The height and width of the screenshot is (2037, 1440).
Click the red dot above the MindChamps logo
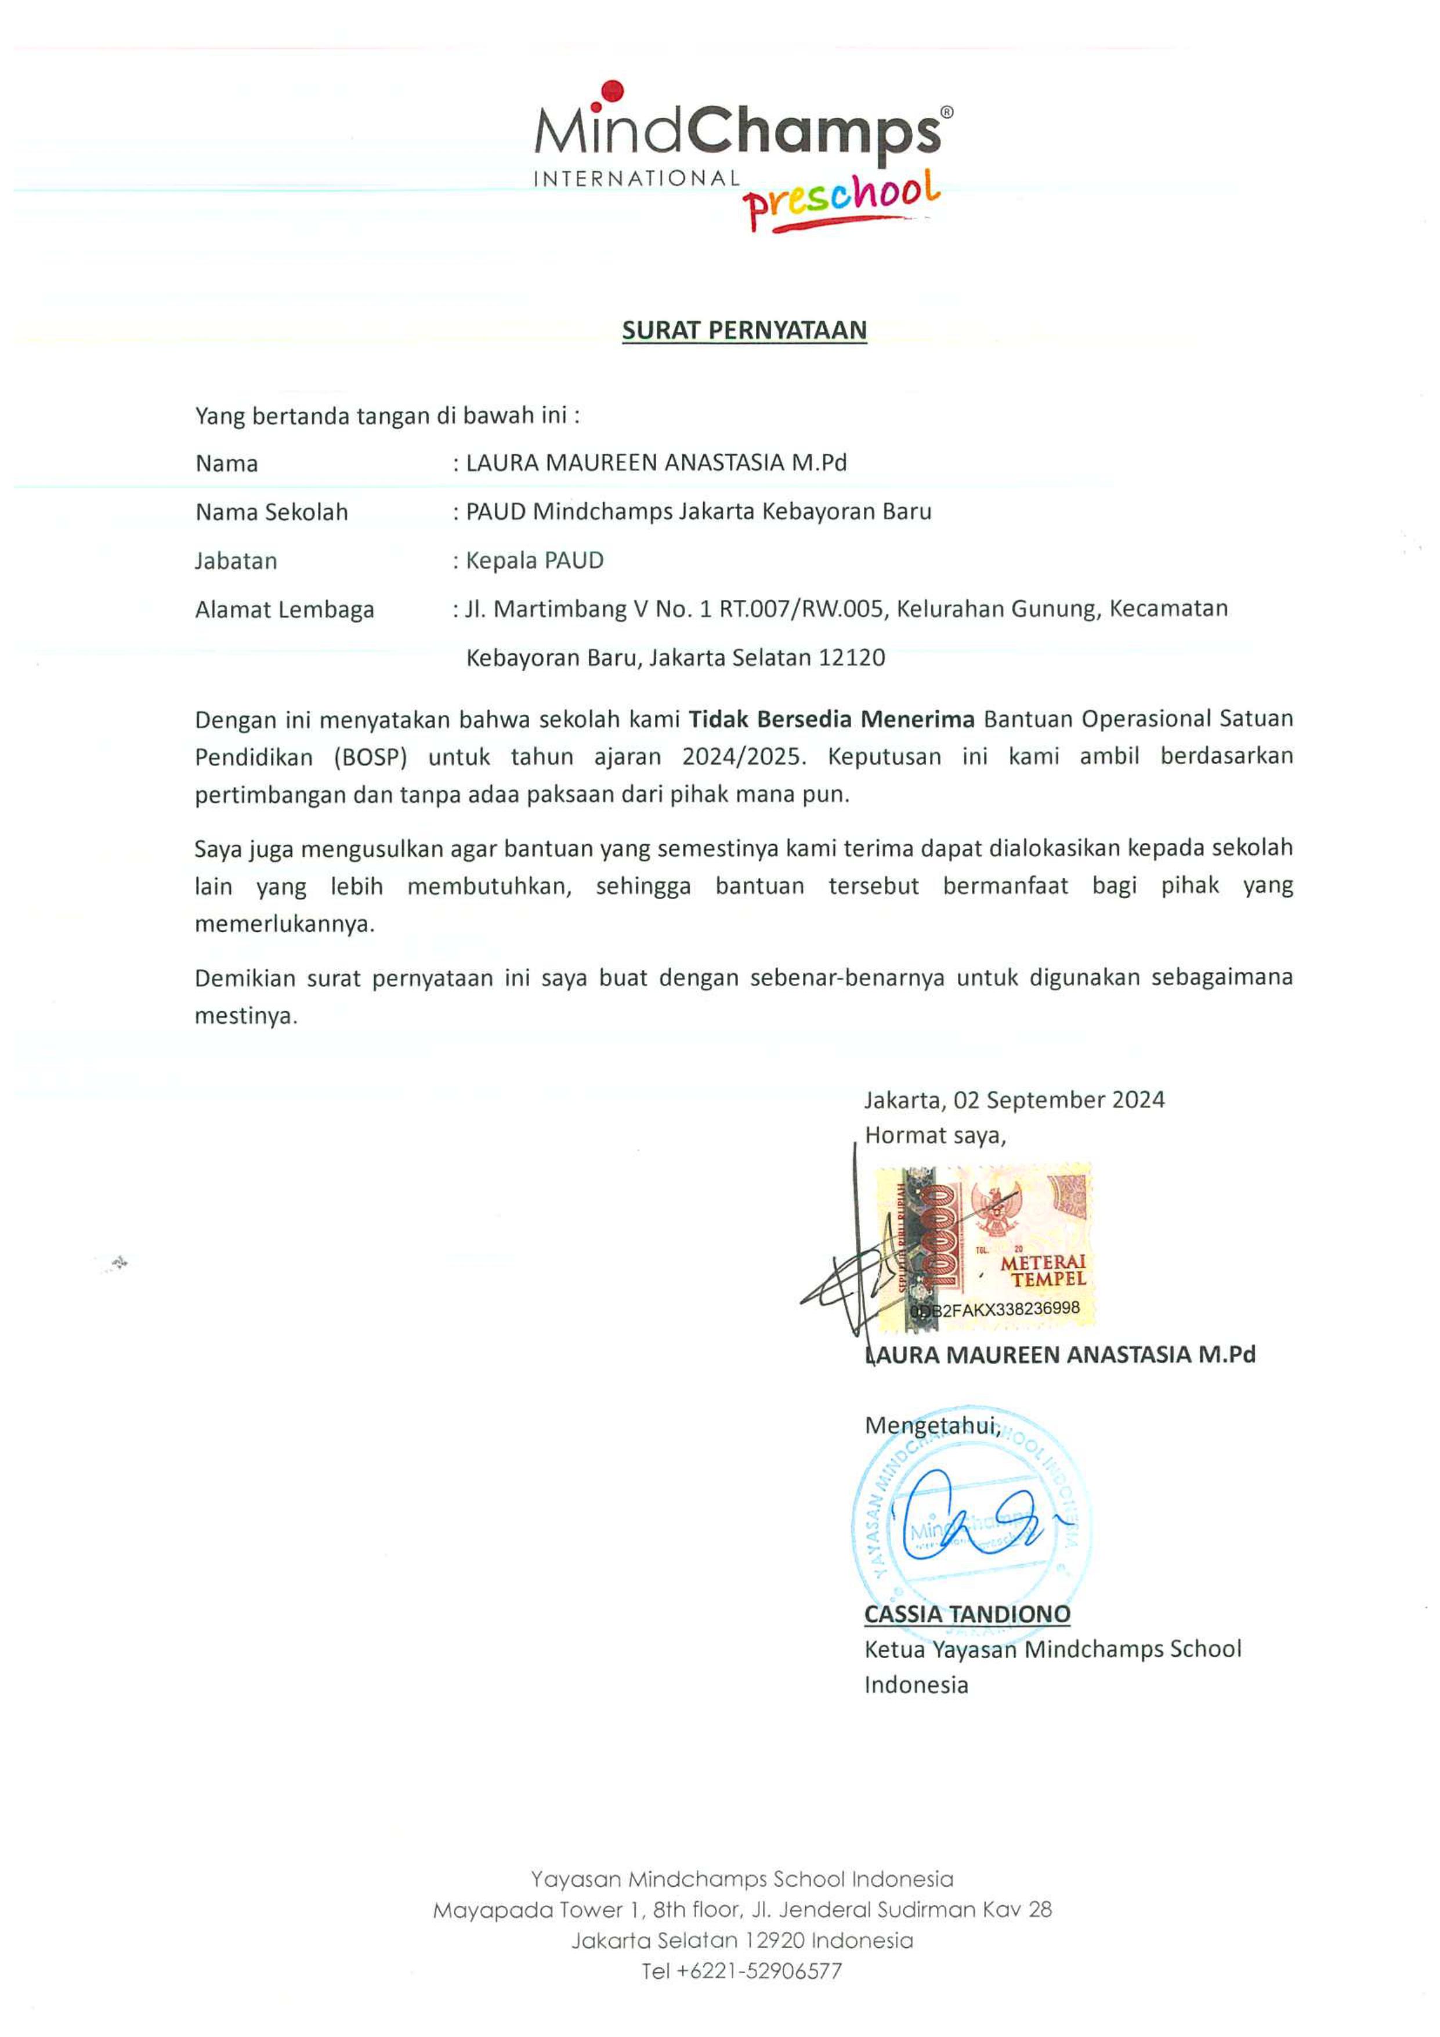(x=612, y=91)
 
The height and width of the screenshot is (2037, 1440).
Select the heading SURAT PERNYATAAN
(x=744, y=330)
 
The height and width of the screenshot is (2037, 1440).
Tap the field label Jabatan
(x=236, y=560)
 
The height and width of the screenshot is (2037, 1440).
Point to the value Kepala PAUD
(x=535, y=560)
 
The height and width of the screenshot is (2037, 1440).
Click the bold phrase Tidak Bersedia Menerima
(x=831, y=719)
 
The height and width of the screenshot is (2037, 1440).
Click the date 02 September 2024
(x=1058, y=1100)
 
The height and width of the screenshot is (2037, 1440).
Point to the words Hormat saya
(x=935, y=1135)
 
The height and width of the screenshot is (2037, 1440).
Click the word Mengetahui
(x=932, y=1425)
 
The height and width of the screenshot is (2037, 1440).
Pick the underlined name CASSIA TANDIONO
(x=967, y=1614)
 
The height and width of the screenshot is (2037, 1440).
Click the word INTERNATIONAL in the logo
(x=636, y=178)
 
